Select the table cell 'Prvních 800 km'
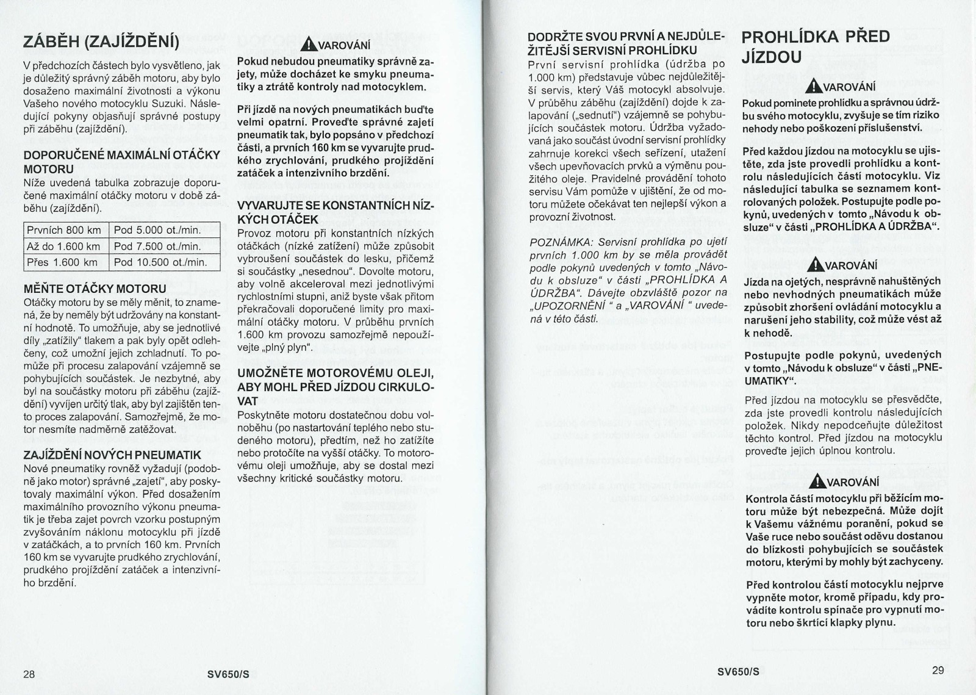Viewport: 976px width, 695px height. [63, 230]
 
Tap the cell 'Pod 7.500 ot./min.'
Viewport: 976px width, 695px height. [157, 247]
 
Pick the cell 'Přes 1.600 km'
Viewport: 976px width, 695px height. [62, 262]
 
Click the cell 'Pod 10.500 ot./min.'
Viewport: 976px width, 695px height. [160, 262]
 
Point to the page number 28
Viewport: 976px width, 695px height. [29, 674]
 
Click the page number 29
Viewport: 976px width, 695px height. [938, 670]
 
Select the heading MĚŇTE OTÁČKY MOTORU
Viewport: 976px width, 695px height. [95, 288]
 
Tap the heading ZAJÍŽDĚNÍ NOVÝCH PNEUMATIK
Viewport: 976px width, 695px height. [112, 455]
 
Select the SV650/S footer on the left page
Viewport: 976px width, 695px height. [228, 674]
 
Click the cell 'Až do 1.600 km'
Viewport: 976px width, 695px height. [63, 247]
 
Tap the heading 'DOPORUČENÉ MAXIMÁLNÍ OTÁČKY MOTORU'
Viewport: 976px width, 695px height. [121, 162]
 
